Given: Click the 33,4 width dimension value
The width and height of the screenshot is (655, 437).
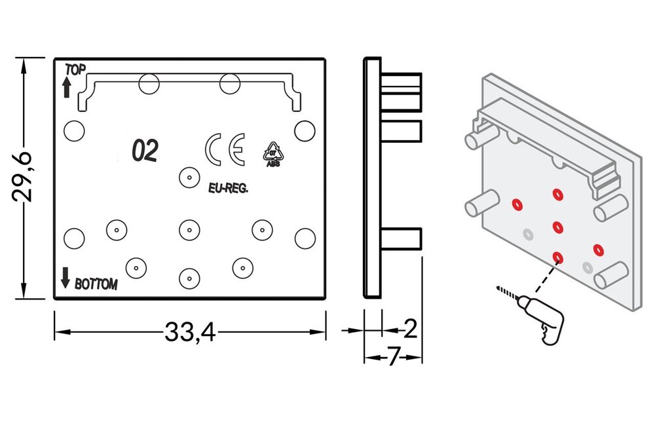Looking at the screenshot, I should click(189, 333).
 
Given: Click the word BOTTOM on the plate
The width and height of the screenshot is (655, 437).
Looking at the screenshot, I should click(96, 285).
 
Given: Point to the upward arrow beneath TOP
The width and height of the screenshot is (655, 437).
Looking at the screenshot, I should click(66, 86).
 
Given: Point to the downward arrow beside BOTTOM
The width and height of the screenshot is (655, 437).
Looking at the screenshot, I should click(65, 278).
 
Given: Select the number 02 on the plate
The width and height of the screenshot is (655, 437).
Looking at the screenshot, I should click(145, 151).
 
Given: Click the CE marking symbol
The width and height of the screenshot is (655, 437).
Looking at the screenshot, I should click(225, 149).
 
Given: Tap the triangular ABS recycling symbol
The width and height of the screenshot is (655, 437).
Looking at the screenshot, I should click(272, 153).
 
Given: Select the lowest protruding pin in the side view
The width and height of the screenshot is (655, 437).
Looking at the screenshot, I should click(401, 238).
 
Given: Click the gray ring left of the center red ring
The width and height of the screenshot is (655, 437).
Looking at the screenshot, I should click(527, 233).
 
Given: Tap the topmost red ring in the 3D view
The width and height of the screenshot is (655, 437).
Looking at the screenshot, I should click(557, 193).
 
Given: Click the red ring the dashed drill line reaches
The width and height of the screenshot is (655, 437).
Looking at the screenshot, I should click(558, 257).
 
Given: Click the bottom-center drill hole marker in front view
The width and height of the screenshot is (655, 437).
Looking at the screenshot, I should click(189, 278).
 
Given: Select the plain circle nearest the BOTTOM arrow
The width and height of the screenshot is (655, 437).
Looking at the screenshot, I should click(74, 237).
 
